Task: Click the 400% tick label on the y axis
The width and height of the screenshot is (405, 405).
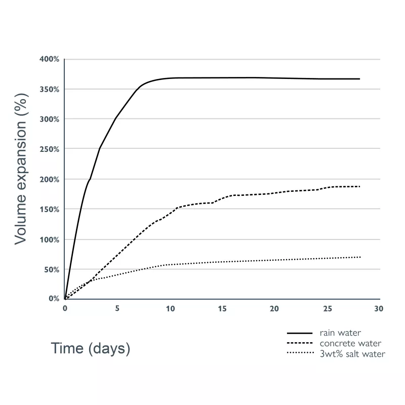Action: [50, 59]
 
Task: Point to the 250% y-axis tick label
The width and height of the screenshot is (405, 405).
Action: [50, 149]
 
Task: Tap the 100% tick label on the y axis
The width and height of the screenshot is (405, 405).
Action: [50, 239]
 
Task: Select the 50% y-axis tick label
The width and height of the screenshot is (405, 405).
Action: [52, 269]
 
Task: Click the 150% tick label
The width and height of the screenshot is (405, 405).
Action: [50, 210]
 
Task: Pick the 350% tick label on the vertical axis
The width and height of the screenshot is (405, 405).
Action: [50, 89]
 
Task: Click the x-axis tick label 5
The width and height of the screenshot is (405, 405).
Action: [117, 308]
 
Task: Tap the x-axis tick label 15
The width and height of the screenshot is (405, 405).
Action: [222, 308]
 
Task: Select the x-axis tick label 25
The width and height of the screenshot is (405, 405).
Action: [327, 308]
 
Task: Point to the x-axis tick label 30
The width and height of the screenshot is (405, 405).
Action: [379, 308]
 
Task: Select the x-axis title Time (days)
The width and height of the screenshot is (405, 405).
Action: [91, 348]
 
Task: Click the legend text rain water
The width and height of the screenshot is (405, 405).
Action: [340, 333]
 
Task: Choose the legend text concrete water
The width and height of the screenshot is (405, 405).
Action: [350, 344]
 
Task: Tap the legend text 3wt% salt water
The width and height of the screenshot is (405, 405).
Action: [352, 354]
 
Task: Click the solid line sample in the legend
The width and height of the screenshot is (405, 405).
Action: [300, 333]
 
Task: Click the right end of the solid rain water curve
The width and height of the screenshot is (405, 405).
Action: [359, 79]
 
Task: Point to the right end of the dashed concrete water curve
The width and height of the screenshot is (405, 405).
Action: [359, 186]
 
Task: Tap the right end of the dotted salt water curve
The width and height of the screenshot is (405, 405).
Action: [359, 257]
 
